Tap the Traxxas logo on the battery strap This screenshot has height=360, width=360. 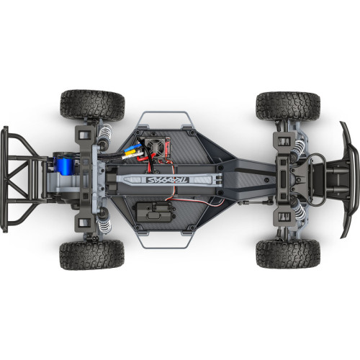coord(168,180)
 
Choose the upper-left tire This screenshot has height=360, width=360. coord(92,105)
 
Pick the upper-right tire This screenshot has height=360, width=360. coord(288,106)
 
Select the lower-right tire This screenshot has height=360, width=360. coord(288,253)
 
